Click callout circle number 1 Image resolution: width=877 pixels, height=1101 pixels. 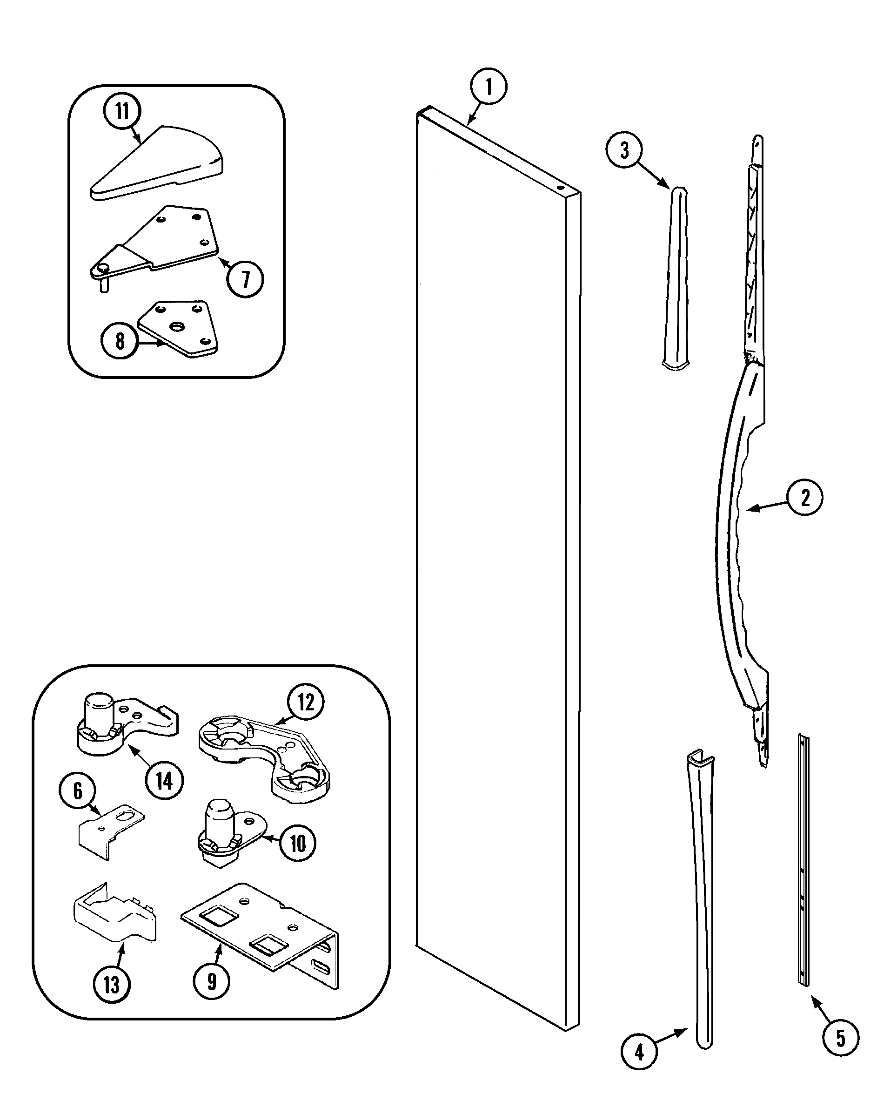(489, 86)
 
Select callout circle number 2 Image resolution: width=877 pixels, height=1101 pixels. (804, 497)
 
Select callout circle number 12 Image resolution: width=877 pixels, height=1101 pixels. (305, 702)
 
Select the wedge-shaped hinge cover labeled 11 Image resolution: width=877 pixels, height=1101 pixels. (158, 163)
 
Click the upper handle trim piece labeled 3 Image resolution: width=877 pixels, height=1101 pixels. (676, 276)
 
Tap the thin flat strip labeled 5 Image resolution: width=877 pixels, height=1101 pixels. (803, 863)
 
